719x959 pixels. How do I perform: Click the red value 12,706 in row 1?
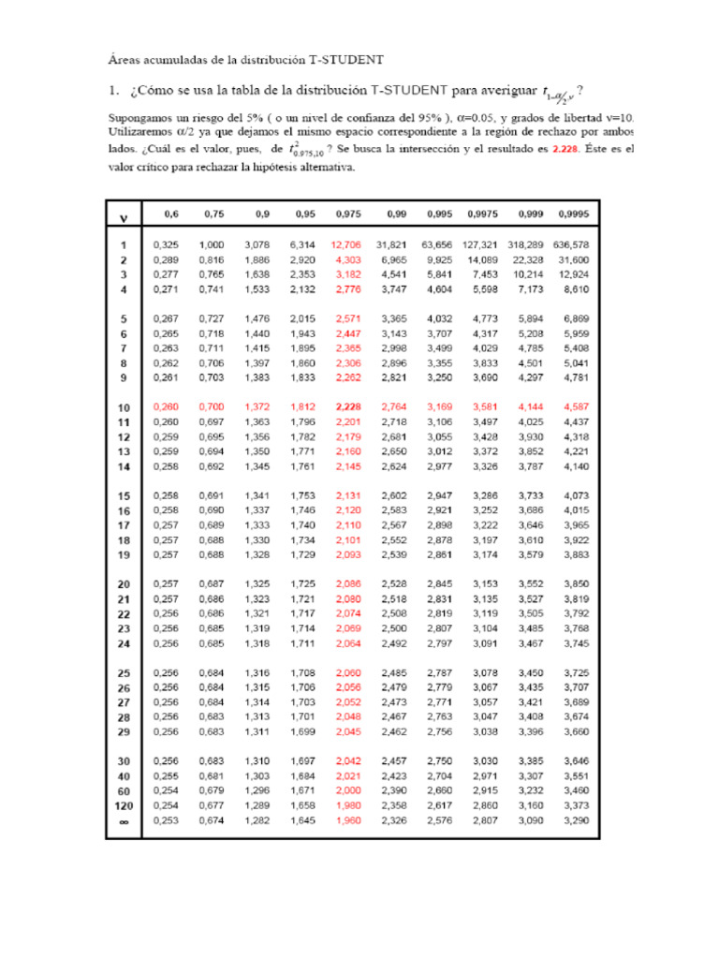click(x=345, y=244)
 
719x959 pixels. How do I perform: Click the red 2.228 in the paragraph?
click(x=567, y=150)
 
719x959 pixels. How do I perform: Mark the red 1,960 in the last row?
click(x=347, y=820)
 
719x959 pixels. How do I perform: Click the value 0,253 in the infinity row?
click(x=166, y=820)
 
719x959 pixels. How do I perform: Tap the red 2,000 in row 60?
click(x=347, y=790)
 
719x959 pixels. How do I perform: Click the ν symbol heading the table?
click(x=122, y=219)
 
